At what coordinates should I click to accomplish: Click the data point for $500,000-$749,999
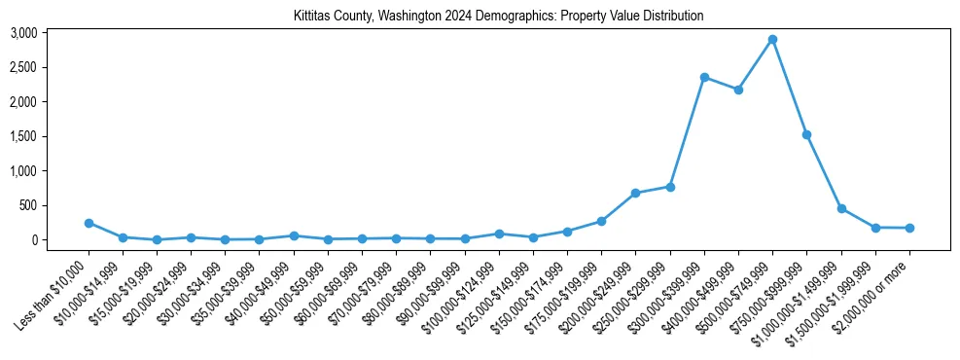click(772, 40)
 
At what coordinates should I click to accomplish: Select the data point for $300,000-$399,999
click(703, 77)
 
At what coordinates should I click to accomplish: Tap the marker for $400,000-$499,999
click(738, 90)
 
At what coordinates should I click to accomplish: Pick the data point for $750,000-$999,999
click(806, 134)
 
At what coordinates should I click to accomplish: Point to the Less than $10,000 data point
click(89, 223)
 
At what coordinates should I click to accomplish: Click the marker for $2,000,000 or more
click(909, 228)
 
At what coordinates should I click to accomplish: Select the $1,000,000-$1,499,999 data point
click(841, 208)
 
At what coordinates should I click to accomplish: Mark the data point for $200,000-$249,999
click(635, 193)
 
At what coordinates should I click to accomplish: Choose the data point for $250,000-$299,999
click(670, 186)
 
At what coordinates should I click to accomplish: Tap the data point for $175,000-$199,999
click(601, 221)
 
